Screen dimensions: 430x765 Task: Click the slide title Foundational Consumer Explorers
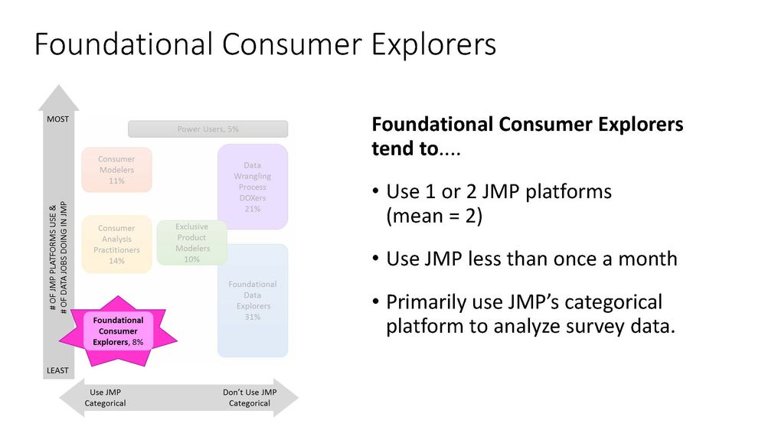tap(265, 44)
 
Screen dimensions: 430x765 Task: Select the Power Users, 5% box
tap(208, 129)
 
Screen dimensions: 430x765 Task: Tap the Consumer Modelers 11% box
tap(116, 170)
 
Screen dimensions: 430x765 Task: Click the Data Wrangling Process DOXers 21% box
tap(253, 187)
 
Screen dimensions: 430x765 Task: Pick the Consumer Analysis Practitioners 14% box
tap(116, 244)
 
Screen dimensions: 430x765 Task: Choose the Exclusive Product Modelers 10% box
tap(191, 243)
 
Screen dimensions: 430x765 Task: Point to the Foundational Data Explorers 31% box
tap(253, 300)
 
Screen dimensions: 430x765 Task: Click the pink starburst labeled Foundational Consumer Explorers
tap(117, 331)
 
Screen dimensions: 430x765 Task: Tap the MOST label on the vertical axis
tap(58, 119)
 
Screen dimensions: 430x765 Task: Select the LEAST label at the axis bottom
tap(58, 370)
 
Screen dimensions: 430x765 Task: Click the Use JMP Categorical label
tap(105, 398)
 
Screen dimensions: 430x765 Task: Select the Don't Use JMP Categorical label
tap(250, 398)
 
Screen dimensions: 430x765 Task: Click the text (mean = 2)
tap(433, 216)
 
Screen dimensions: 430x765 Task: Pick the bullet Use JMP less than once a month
tap(531, 259)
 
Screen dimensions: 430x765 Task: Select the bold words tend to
tap(403, 148)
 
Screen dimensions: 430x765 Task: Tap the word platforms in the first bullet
tap(563, 191)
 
